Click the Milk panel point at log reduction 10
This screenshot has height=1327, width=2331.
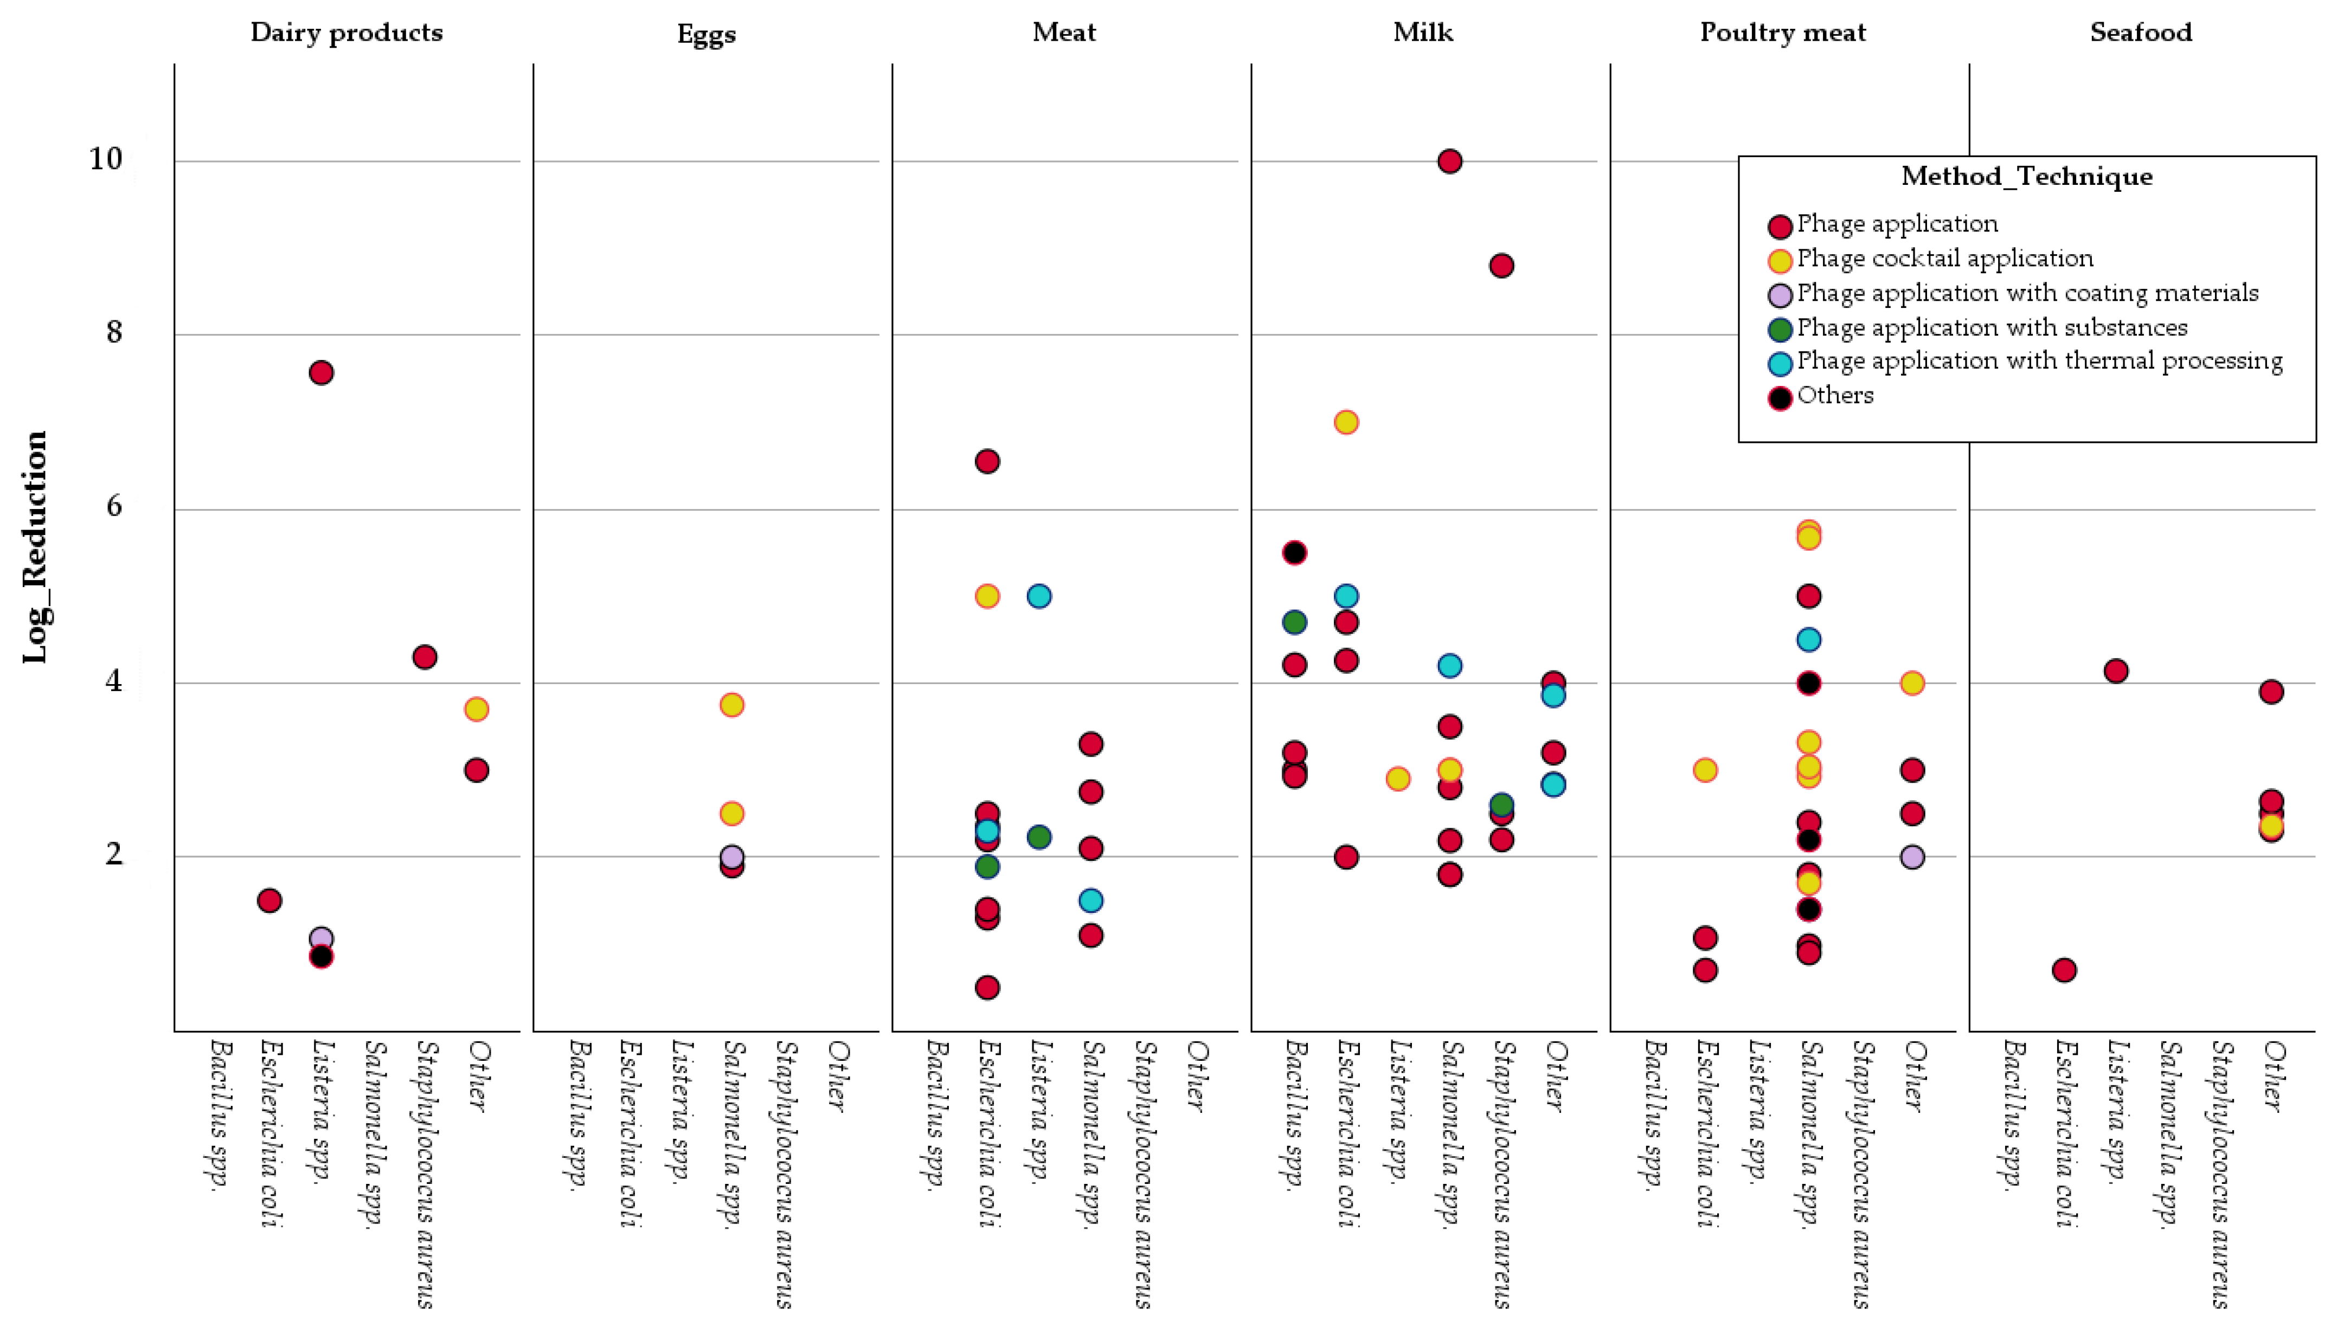pyautogui.click(x=1449, y=162)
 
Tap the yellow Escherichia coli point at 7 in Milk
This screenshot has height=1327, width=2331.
pyautogui.click(x=1346, y=422)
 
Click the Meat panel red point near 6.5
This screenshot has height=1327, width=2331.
pyautogui.click(x=986, y=461)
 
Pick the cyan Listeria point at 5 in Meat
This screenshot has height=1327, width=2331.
pyautogui.click(x=1038, y=596)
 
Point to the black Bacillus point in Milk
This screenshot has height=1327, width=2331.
pyautogui.click(x=1294, y=552)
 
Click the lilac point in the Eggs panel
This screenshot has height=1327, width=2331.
pyautogui.click(x=731, y=856)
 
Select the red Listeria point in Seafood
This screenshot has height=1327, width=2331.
pyautogui.click(x=2115, y=671)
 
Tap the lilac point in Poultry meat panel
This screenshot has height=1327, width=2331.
pyautogui.click(x=1912, y=856)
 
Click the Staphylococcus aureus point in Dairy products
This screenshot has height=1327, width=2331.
pyautogui.click(x=424, y=656)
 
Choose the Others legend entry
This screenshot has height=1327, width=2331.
pyautogui.click(x=1834, y=396)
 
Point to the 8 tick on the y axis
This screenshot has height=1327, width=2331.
pyautogui.click(x=113, y=333)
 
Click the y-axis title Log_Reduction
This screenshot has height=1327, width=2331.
pyautogui.click(x=35, y=547)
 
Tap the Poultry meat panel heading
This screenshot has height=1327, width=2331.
pyautogui.click(x=1782, y=33)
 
